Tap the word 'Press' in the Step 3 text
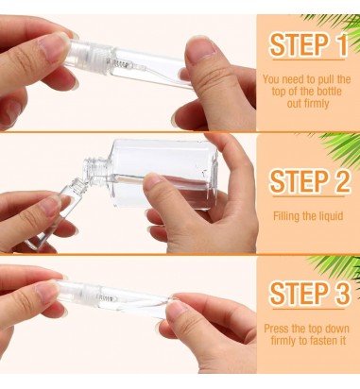[276, 329]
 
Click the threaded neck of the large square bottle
[95, 168]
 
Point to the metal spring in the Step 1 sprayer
[122, 65]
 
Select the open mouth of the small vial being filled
[77, 182]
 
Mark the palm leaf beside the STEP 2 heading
[341, 148]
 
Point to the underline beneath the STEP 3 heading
[308, 310]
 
